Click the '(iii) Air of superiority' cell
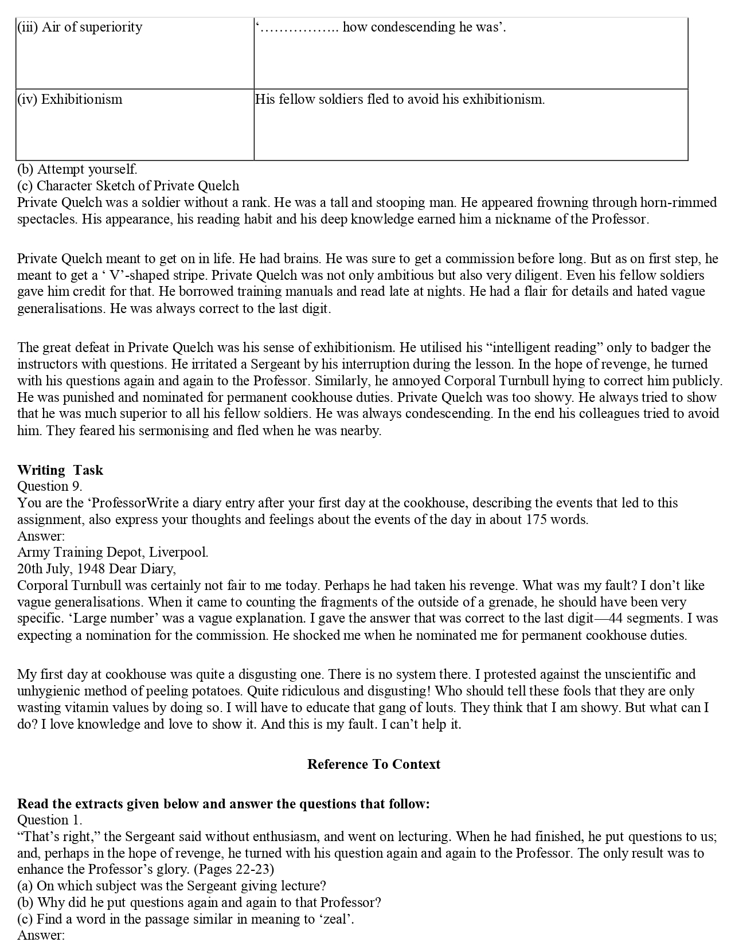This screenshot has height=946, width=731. [80, 28]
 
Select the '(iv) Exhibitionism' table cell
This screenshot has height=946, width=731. [70, 100]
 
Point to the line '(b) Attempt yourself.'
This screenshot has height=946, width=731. [77, 170]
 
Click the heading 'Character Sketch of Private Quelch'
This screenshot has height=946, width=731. [138, 186]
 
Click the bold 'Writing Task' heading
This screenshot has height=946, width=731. [60, 471]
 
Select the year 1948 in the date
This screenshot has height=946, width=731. [89, 569]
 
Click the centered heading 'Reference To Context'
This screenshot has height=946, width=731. [374, 765]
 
